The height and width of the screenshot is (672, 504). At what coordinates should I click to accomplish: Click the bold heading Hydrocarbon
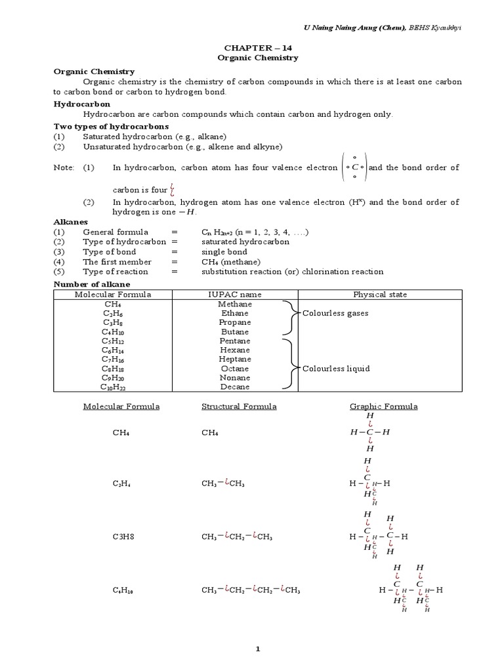click(x=81, y=104)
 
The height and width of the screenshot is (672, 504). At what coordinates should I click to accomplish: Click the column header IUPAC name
click(x=234, y=295)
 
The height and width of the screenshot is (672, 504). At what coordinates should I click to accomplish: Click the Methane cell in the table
click(x=234, y=304)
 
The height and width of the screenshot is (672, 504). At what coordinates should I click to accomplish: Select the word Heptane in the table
click(x=234, y=360)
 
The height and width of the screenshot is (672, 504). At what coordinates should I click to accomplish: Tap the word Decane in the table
click(x=234, y=387)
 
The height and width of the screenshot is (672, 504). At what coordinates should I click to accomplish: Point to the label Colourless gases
click(x=335, y=314)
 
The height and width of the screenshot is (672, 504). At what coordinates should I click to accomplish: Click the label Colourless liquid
click(x=336, y=369)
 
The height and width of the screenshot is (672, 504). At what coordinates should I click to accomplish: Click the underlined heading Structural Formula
click(x=238, y=407)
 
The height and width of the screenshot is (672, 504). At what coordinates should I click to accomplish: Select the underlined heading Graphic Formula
click(x=383, y=407)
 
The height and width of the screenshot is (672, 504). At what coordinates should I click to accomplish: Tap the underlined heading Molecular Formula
click(x=121, y=407)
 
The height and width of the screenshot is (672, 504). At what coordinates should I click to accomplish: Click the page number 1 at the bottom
click(x=258, y=650)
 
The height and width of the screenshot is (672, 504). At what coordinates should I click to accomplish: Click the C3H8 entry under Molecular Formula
click(x=123, y=537)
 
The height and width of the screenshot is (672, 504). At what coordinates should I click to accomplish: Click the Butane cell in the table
click(x=234, y=332)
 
